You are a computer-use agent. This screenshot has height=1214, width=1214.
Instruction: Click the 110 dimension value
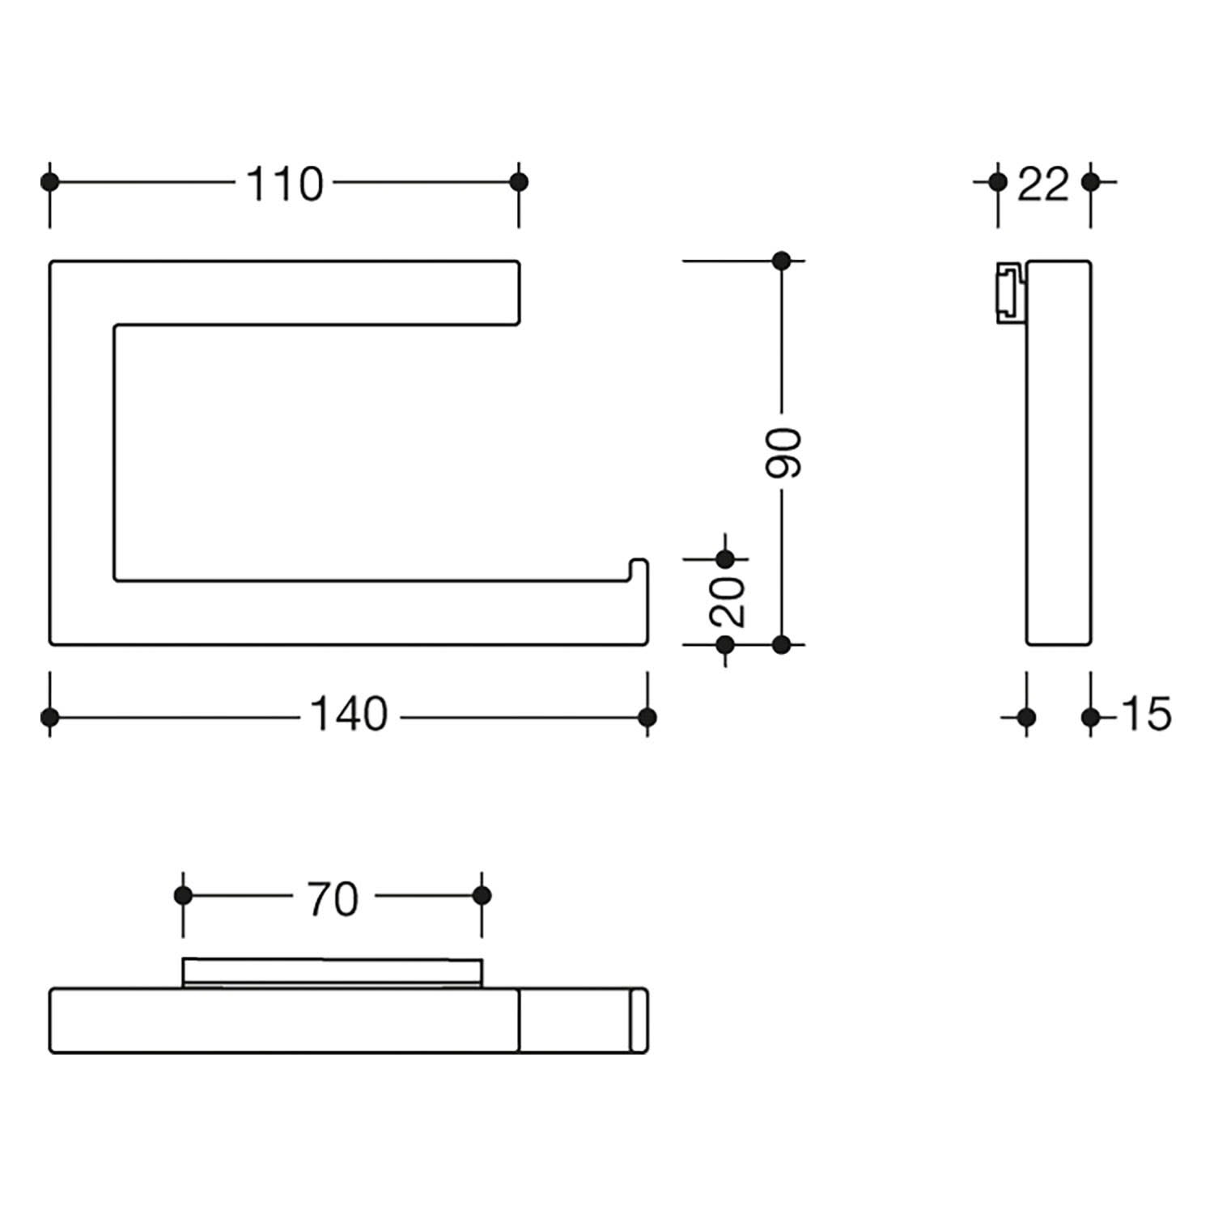pyautogui.click(x=285, y=185)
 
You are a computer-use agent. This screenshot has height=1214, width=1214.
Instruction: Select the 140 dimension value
pyautogui.click(x=350, y=715)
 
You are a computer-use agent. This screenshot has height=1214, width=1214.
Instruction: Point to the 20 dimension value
pyautogui.click(x=727, y=601)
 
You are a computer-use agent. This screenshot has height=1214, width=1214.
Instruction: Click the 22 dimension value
pyautogui.click(x=1043, y=185)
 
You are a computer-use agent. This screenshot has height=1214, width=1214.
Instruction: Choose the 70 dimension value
pyautogui.click(x=333, y=899)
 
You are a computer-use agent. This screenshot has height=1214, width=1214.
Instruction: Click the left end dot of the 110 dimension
pyautogui.click(x=50, y=181)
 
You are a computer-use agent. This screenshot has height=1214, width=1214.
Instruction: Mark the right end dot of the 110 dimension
pyautogui.click(x=519, y=181)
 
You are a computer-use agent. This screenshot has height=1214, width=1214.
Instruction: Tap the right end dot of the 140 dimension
pyautogui.click(x=647, y=717)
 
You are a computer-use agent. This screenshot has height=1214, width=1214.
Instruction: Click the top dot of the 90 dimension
pyautogui.click(x=781, y=261)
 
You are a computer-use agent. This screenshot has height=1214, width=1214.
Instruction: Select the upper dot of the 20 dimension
pyautogui.click(x=725, y=558)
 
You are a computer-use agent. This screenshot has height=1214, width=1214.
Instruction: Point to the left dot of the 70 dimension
pyautogui.click(x=184, y=895)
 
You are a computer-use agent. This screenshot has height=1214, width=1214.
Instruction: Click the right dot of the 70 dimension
pyautogui.click(x=482, y=895)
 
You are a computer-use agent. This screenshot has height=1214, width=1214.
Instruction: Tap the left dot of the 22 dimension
pyautogui.click(x=998, y=181)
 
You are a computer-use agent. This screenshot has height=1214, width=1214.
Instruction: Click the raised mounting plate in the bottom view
pyautogui.click(x=333, y=973)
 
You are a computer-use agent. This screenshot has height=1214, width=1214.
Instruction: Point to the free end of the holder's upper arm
pyautogui.click(x=518, y=293)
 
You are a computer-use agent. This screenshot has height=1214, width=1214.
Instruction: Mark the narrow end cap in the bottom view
pyautogui.click(x=639, y=1021)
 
